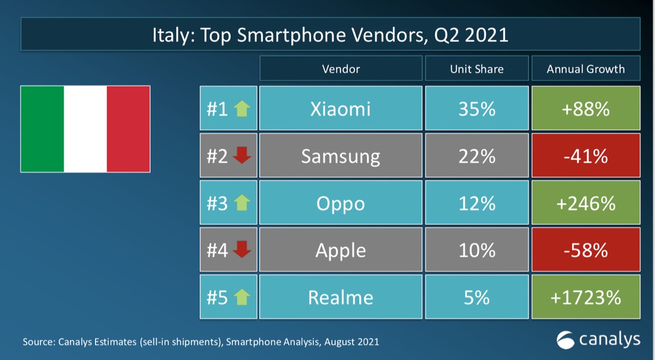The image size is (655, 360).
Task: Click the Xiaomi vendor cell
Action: pos(341,109)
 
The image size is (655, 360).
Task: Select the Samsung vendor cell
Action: pos(341,157)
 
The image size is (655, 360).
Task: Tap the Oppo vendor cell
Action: pos(341,203)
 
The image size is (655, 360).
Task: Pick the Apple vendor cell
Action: pos(341,250)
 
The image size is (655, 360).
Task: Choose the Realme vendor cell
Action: pos(341,297)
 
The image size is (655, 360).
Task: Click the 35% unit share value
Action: pos(477,109)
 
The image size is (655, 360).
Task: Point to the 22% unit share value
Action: pos(477,157)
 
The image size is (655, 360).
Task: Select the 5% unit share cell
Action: pos(477,297)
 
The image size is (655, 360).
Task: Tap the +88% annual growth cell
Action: pos(586,109)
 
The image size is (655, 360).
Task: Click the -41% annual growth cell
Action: pos(586,157)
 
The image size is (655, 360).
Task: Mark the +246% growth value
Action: pos(586,203)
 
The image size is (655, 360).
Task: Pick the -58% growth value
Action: pos(586,250)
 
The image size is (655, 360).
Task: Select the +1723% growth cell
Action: pos(586,297)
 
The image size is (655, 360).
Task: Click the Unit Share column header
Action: pos(477,69)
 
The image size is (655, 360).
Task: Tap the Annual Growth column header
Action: pos(586,69)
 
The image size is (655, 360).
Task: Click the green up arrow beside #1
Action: pos(242,109)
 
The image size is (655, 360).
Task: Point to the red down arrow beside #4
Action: pos(242,250)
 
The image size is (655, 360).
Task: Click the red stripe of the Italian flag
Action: pos(128,129)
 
